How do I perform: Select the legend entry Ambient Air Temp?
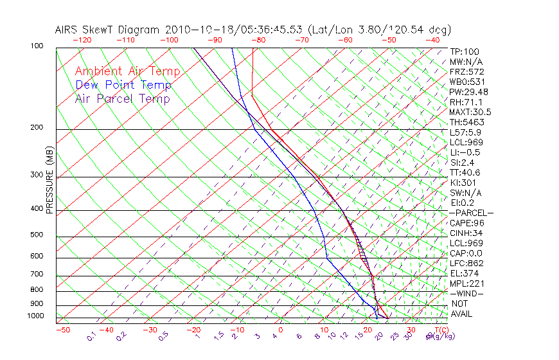coord(127,71)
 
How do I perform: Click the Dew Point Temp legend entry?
coord(123,85)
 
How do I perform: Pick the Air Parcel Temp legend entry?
coord(122,98)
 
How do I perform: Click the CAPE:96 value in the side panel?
coord(466,223)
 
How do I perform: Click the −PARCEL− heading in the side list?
coord(472,213)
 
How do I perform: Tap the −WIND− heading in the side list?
coord(467,293)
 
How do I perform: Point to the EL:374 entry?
coord(464,273)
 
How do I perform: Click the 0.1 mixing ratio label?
coord(91,336)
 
